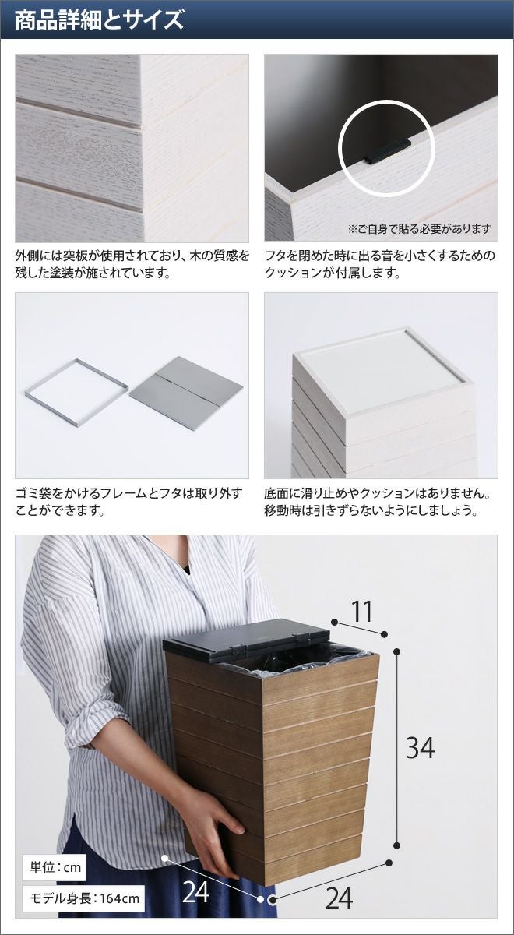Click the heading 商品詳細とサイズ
pyautogui.click(x=100, y=19)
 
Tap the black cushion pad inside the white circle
pyautogui.click(x=387, y=151)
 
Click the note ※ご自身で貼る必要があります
pyautogui.click(x=420, y=229)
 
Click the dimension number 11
pyautogui.click(x=361, y=612)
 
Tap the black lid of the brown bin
pyautogui.click(x=246, y=644)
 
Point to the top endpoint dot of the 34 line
pyautogui.click(x=397, y=651)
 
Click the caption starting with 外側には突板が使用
pyautogui.click(x=132, y=264)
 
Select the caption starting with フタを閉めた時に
pyautogui.click(x=380, y=264)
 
